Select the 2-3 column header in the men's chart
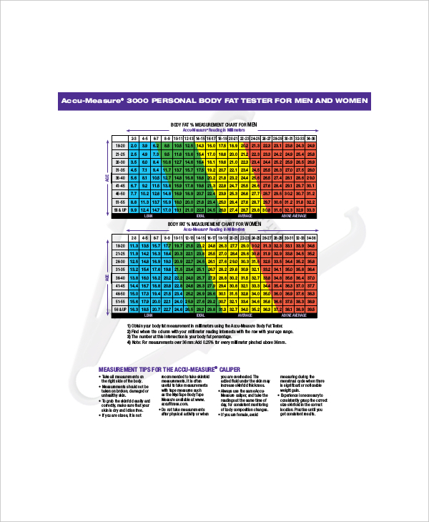coord(134,137)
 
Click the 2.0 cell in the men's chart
coord(134,145)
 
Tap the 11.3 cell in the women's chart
coord(134,245)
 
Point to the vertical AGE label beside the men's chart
coord(107,176)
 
